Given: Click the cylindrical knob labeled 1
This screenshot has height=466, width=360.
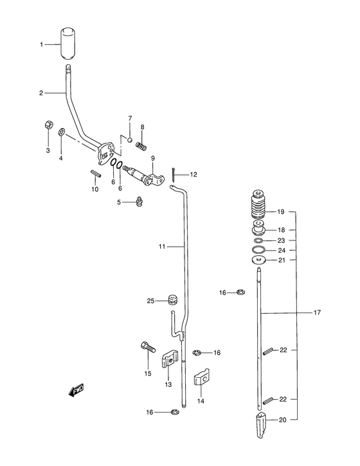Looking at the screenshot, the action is click(x=68, y=44).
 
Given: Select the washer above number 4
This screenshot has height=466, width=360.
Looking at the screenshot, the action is click(x=62, y=131).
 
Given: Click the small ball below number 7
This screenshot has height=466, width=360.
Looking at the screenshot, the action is click(x=130, y=139).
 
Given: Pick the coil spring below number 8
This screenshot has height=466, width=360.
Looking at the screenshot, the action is click(x=141, y=146).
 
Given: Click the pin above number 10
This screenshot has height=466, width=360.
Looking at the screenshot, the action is click(x=96, y=174).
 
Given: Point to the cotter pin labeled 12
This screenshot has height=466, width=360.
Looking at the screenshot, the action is click(x=173, y=174).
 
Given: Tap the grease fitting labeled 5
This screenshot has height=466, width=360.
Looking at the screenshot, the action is click(x=139, y=201).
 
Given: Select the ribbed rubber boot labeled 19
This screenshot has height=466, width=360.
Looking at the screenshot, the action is click(x=258, y=205).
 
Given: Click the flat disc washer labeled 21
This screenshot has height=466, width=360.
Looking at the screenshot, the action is click(x=258, y=260).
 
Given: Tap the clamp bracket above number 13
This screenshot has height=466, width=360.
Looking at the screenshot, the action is click(x=170, y=359).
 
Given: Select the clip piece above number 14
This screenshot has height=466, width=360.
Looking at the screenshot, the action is click(x=202, y=377).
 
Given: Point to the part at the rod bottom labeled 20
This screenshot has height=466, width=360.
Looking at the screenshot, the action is click(x=260, y=425).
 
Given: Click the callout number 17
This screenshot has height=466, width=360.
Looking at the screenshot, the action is click(x=317, y=312).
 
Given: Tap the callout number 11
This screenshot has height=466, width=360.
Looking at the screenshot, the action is click(x=162, y=247).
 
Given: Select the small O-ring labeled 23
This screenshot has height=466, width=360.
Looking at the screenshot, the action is click(x=258, y=240).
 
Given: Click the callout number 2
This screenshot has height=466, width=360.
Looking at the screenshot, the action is click(x=41, y=93).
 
